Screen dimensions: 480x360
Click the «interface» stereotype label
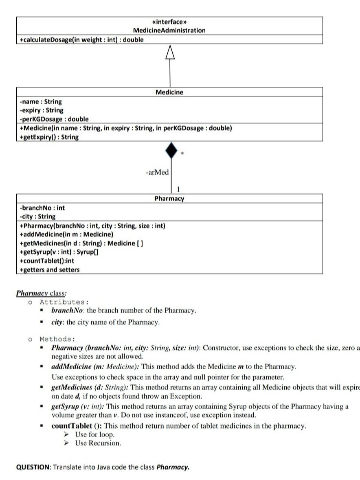pos(169,22)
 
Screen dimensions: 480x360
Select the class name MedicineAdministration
pos(169,30)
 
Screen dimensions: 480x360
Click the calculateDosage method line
pos(81,39)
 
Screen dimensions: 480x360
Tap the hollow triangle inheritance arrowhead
pos(170,53)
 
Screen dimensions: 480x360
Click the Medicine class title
pos(169,92)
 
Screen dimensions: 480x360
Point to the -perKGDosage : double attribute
pos(54,119)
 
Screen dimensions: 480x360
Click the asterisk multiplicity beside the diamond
pos(182,154)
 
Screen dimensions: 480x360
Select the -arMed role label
pos(157,172)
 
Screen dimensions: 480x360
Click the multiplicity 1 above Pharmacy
pos(178,189)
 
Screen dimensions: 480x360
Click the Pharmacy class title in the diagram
pos(169,199)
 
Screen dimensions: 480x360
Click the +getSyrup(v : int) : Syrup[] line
pos(59,252)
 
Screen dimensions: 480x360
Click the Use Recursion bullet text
pos(98,443)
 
